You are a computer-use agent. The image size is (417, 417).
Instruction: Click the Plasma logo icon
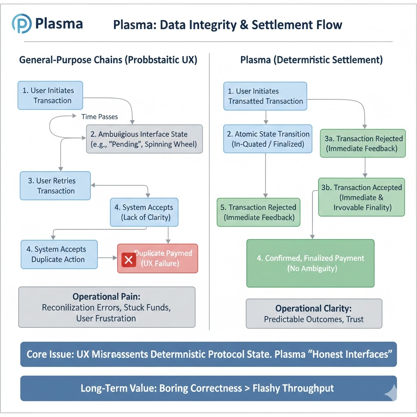coord(21,23)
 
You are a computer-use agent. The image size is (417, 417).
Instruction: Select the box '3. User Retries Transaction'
coord(55,186)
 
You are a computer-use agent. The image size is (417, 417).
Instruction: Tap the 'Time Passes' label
coord(100,117)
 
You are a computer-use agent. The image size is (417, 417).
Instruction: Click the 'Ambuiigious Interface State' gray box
coord(144,139)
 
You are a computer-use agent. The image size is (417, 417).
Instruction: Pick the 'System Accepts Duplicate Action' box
coord(59,255)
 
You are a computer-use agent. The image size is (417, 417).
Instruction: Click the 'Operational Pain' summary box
coord(107,307)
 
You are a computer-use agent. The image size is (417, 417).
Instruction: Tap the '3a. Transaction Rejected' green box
coord(364,143)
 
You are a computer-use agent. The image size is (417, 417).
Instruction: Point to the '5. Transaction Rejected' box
coord(258,212)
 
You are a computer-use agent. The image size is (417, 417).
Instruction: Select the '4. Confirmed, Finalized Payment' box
coord(310,263)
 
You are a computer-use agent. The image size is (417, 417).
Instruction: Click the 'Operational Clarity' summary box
coord(314,314)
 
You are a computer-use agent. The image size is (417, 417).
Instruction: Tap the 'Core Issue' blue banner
coord(208,354)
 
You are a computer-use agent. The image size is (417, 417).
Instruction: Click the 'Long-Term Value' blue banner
coord(208,388)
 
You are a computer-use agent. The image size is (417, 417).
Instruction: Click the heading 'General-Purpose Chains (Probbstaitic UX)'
coord(108,60)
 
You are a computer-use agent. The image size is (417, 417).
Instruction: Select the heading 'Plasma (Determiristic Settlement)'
coord(312,60)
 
